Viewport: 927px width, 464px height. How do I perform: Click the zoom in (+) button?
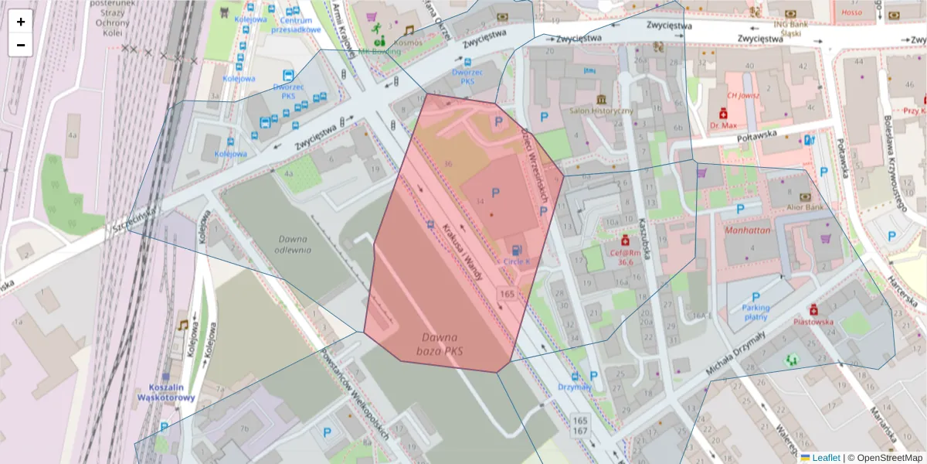coord(21,22)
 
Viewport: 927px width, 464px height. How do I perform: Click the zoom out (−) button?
coord(21,45)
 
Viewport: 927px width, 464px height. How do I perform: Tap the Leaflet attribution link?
coord(826,458)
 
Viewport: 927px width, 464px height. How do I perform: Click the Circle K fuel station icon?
coord(516,249)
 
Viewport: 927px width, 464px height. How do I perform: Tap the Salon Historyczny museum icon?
coord(601,99)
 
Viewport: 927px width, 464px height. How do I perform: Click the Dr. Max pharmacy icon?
coord(722,112)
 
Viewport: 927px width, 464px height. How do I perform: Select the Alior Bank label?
coord(804,207)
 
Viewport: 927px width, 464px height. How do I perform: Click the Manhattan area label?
coord(748,230)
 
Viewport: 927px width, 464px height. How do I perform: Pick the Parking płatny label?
coord(756,312)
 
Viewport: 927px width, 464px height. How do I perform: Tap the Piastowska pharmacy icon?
coord(814,309)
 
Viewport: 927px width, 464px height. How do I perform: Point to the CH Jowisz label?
coord(743,96)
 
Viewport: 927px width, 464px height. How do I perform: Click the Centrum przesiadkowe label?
coord(295,25)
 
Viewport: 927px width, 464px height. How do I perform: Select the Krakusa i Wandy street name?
coord(463,251)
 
